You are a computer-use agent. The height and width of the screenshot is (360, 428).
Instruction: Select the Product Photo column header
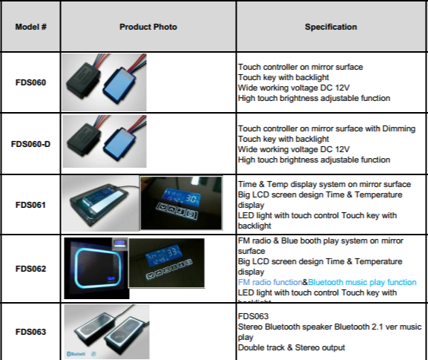click(x=148, y=27)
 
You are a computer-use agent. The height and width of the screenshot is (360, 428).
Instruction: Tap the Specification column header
click(x=331, y=27)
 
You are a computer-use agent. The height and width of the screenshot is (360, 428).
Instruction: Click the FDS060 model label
click(x=30, y=82)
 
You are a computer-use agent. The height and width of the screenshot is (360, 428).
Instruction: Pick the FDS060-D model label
click(x=30, y=144)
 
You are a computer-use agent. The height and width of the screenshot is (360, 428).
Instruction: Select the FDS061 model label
click(x=30, y=205)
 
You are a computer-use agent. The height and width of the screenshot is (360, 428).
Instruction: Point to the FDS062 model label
click(x=30, y=267)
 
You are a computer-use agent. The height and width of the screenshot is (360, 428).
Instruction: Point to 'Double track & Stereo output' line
click(x=291, y=347)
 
